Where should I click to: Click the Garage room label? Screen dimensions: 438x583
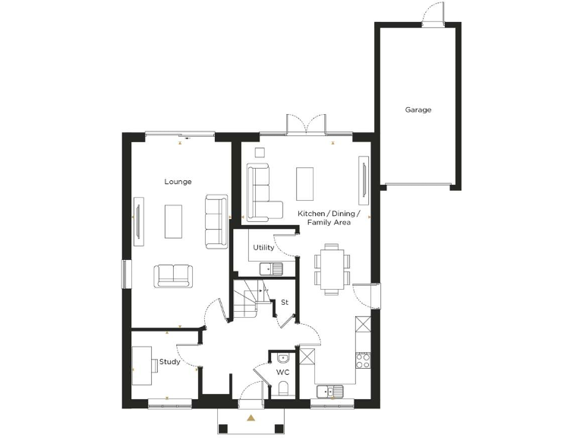pos(418,109)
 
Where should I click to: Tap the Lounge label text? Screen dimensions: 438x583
pos(178,182)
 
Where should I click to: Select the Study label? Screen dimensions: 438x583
pos(170,362)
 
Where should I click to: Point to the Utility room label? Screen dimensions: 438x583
pos(263,248)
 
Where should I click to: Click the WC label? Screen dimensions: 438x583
pos(282,373)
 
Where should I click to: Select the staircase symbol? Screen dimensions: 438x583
pos(247,300)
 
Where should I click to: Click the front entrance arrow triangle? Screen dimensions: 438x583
pos(251,417)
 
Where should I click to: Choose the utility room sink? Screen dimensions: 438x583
pos(271,268)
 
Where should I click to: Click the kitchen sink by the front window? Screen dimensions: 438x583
pos(331,392)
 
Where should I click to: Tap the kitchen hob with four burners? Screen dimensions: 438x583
pos(363,360)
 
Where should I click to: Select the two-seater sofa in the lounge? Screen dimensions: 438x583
pos(174,275)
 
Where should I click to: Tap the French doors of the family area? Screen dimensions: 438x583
pos(307,125)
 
